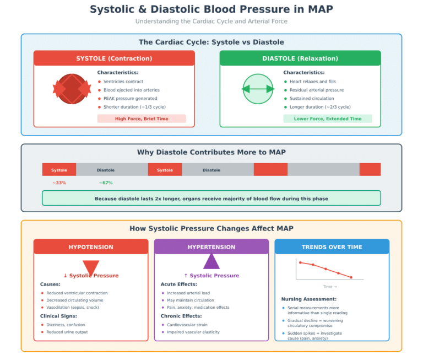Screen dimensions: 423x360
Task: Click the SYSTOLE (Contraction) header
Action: (114, 58)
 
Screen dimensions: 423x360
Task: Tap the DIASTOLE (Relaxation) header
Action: (300, 58)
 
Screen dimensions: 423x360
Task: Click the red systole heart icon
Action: (72, 89)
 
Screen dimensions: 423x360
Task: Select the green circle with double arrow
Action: (258, 89)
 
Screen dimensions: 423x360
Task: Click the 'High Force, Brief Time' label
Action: (142, 119)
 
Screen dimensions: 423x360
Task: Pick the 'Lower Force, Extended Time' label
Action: (328, 119)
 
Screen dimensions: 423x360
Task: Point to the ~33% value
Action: (59, 183)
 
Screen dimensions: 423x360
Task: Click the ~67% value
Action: (106, 183)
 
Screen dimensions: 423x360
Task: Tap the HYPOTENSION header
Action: (91, 247)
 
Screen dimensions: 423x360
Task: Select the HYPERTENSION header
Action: (211, 247)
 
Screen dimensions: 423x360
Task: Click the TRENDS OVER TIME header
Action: (332, 247)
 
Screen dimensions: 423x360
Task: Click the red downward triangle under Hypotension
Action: (91, 267)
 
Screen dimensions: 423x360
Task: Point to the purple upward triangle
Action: (211, 261)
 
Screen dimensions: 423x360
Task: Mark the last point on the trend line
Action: (351, 277)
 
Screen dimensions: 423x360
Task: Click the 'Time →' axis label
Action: (330, 287)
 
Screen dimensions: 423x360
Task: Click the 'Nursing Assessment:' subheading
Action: (309, 299)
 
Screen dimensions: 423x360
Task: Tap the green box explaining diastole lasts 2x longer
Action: (211, 198)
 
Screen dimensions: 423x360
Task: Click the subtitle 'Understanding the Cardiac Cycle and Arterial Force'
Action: (211, 21)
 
